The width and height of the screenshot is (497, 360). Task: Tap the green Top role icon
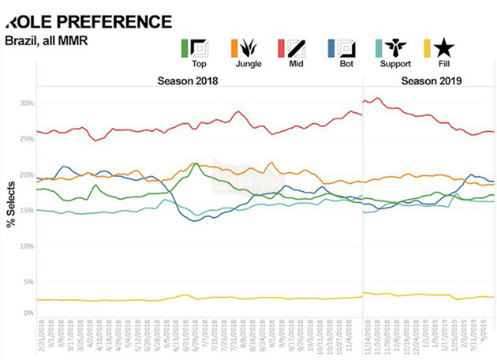click(x=194, y=48)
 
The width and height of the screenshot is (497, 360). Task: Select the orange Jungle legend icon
click(x=245, y=48)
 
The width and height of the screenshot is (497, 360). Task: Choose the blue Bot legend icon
click(x=344, y=48)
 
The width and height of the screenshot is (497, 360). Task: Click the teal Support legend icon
click(x=394, y=48)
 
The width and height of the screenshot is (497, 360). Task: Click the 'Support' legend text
click(x=395, y=63)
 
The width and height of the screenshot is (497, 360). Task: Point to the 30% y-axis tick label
click(x=27, y=104)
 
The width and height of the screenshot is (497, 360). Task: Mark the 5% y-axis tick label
click(x=28, y=282)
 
